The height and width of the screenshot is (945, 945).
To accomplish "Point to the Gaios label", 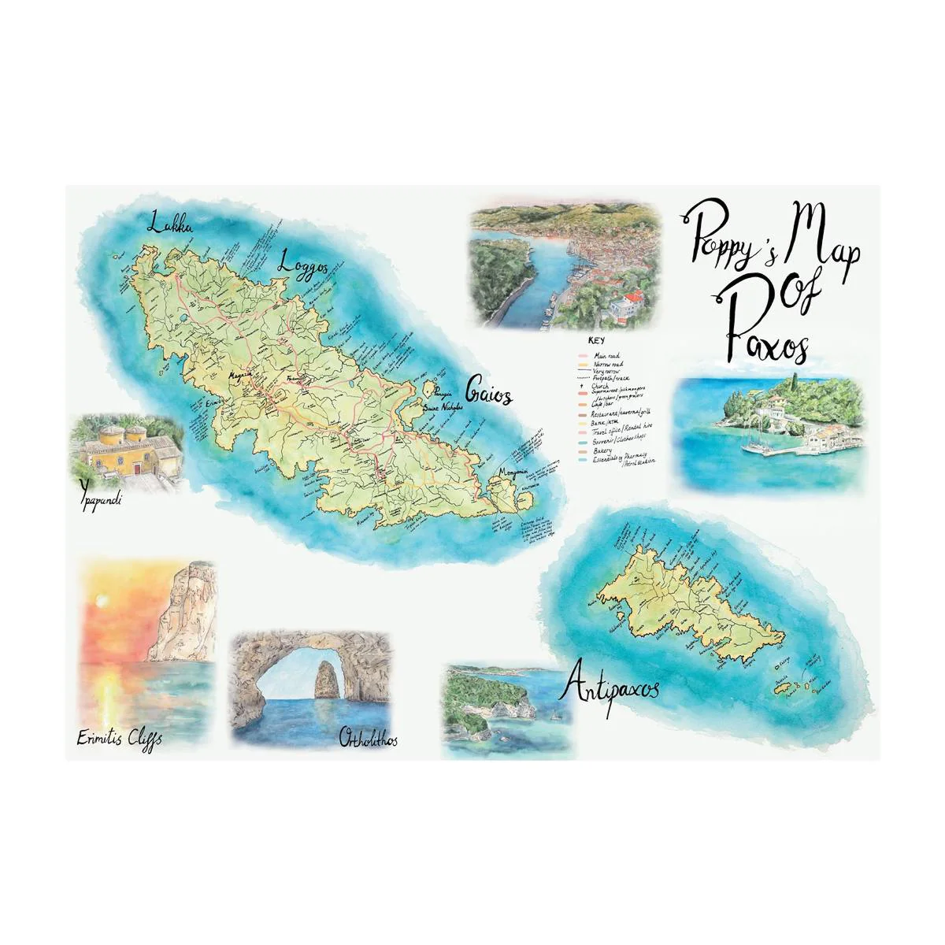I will coord(489,391).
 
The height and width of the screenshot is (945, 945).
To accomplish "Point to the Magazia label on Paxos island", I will coord(238,376).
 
